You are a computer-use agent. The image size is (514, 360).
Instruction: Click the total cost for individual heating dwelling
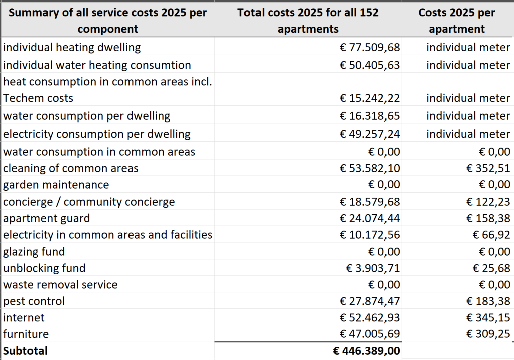point(370,47)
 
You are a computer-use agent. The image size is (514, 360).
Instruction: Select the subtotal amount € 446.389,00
point(366,351)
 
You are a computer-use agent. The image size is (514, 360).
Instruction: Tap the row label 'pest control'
point(34,301)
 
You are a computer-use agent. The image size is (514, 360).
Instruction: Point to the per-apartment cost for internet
point(488,317)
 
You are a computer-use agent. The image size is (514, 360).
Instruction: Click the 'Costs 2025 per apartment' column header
point(457,20)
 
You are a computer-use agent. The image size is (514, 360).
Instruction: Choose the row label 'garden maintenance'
point(56,185)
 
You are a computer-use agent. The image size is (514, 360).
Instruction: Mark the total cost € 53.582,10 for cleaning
point(370,168)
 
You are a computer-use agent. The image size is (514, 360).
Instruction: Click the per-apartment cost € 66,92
point(491,235)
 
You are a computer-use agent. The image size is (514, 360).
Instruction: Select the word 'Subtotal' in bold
point(25,351)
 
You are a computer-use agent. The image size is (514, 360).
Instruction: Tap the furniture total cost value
point(370,334)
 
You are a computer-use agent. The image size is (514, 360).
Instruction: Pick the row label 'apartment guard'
point(46,218)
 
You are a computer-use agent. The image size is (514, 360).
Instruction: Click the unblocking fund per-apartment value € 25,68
point(491,268)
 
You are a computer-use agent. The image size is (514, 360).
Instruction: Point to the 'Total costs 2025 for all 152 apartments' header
point(308,20)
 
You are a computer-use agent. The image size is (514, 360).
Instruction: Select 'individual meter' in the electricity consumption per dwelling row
point(468,134)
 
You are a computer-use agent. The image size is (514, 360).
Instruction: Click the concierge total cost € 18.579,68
point(370,202)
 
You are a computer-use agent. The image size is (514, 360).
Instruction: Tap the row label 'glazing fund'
point(34,252)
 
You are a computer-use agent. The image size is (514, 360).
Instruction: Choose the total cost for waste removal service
point(384,284)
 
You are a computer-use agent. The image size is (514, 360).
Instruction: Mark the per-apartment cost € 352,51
point(488,168)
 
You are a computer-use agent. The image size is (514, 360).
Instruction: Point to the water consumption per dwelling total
point(370,116)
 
